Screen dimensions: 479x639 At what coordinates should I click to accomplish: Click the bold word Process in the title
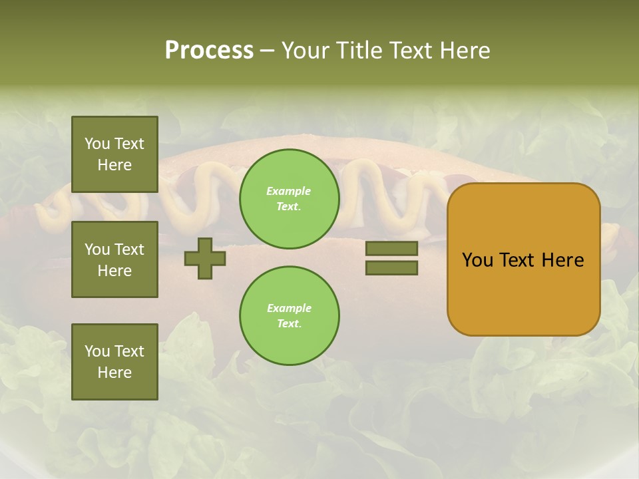209,51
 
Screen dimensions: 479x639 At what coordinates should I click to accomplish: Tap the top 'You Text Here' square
114,154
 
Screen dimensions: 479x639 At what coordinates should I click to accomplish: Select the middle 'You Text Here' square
114,259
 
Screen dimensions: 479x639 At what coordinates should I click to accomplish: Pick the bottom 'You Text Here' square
114,362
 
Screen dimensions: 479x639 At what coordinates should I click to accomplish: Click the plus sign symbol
205,258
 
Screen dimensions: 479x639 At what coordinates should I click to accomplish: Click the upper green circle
289,199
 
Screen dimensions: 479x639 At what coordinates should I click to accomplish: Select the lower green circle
289,316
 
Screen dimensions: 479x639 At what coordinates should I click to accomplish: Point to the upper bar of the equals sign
391,248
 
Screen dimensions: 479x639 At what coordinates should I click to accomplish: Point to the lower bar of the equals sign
391,267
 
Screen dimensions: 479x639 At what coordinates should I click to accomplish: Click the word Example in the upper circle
288,191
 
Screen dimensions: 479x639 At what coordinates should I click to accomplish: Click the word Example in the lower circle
289,308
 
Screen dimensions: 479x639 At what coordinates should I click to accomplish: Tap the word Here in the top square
114,165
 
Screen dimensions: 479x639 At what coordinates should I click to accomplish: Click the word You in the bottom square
97,351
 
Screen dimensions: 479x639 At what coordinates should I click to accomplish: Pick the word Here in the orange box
562,260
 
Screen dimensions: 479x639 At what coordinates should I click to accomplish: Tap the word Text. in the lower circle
289,324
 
